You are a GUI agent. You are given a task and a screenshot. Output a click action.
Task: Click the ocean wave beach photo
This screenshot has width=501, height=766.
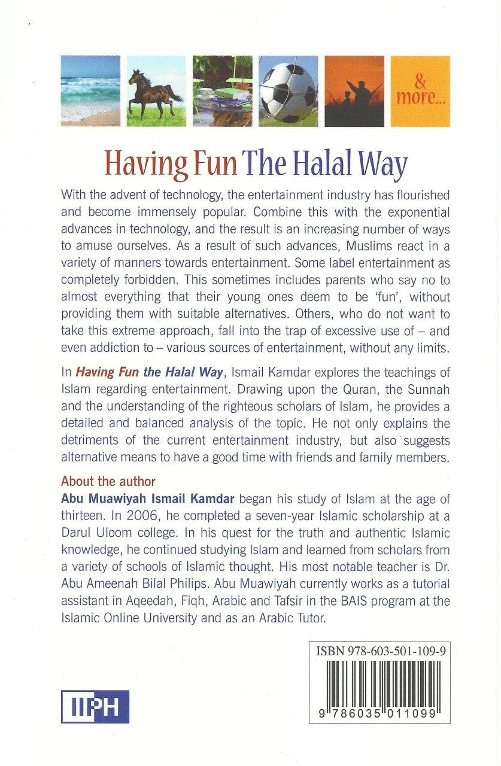click(90, 91)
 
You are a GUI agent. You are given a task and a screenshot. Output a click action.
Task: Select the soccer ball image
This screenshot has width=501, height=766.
click(288, 91)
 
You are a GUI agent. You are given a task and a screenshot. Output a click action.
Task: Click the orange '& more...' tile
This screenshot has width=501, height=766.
click(420, 91)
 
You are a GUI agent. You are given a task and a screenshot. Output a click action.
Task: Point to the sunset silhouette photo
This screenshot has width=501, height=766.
click(354, 91)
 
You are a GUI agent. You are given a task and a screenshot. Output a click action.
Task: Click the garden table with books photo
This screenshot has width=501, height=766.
click(222, 91)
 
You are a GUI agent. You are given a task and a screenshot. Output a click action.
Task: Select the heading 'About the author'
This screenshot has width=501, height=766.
click(108, 481)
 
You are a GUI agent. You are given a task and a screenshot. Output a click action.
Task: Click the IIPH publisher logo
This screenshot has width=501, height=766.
click(95, 706)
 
